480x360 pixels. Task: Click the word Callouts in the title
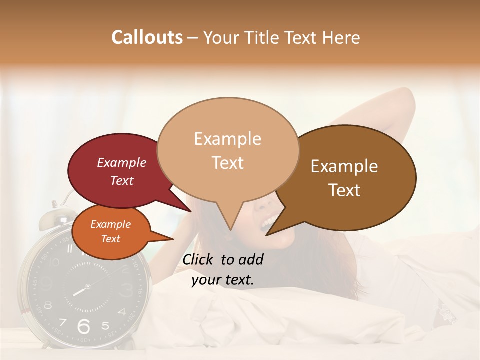point(147,37)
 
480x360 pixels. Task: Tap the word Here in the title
point(342,37)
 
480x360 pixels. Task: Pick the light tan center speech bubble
point(227,147)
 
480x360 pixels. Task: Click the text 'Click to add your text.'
point(223,269)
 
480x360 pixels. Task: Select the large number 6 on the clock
point(84,326)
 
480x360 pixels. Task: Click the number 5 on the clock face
point(105,325)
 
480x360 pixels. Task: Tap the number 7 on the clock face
point(62,322)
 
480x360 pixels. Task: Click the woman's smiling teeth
point(268,220)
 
